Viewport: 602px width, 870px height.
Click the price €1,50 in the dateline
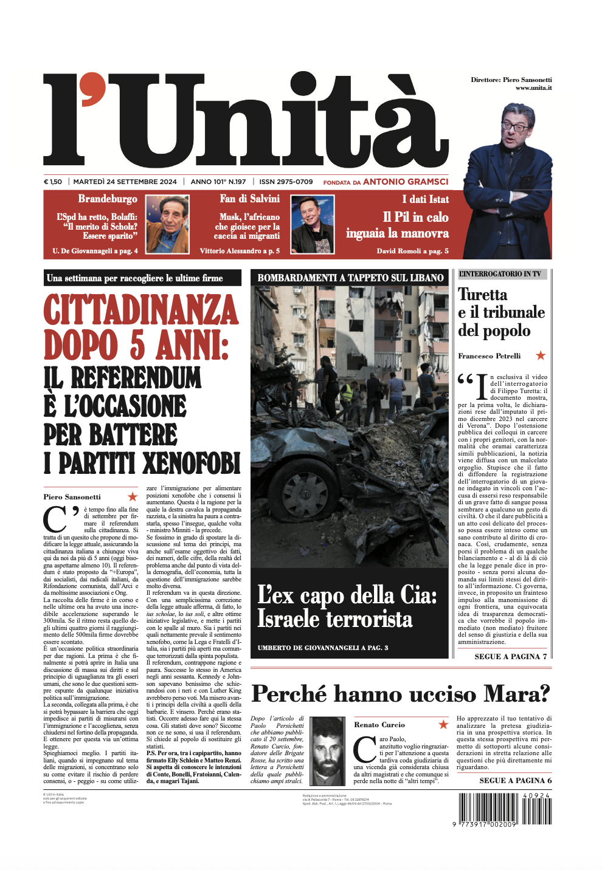53,182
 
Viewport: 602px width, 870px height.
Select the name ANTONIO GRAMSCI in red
406,182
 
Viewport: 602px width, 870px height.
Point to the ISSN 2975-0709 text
286,182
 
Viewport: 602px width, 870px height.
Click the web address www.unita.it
533,88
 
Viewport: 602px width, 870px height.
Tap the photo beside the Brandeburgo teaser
167,224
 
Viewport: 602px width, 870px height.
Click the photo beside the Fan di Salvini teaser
313,224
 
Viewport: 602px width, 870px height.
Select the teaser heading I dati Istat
425,199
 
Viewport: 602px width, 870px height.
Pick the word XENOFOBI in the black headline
192,464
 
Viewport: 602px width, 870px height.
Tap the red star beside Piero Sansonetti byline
133,496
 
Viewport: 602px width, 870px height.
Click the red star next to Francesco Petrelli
541,355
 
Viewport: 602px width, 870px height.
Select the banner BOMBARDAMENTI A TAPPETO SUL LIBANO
350,278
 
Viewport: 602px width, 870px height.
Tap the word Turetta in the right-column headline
482,295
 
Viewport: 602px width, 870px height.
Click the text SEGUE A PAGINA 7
510,656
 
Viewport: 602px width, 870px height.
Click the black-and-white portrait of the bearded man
328,751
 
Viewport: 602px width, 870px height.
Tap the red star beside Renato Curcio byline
443,724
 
